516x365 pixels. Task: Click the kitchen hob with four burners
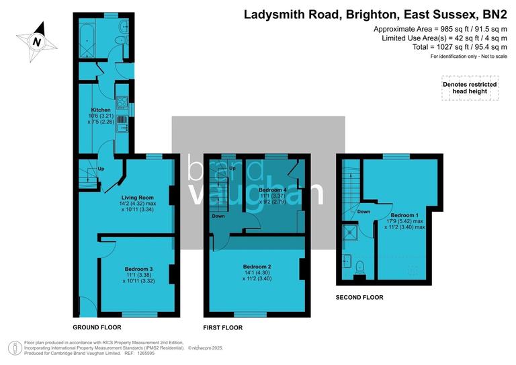click(122, 104)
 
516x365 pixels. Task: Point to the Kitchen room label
click(101, 110)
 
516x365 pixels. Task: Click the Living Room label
click(137, 197)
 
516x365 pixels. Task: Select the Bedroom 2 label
click(257, 266)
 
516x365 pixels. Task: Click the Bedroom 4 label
click(272, 190)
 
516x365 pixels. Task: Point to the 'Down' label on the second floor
click(363, 212)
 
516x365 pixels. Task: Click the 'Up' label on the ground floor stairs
click(101, 168)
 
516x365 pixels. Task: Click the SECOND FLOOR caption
click(359, 296)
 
